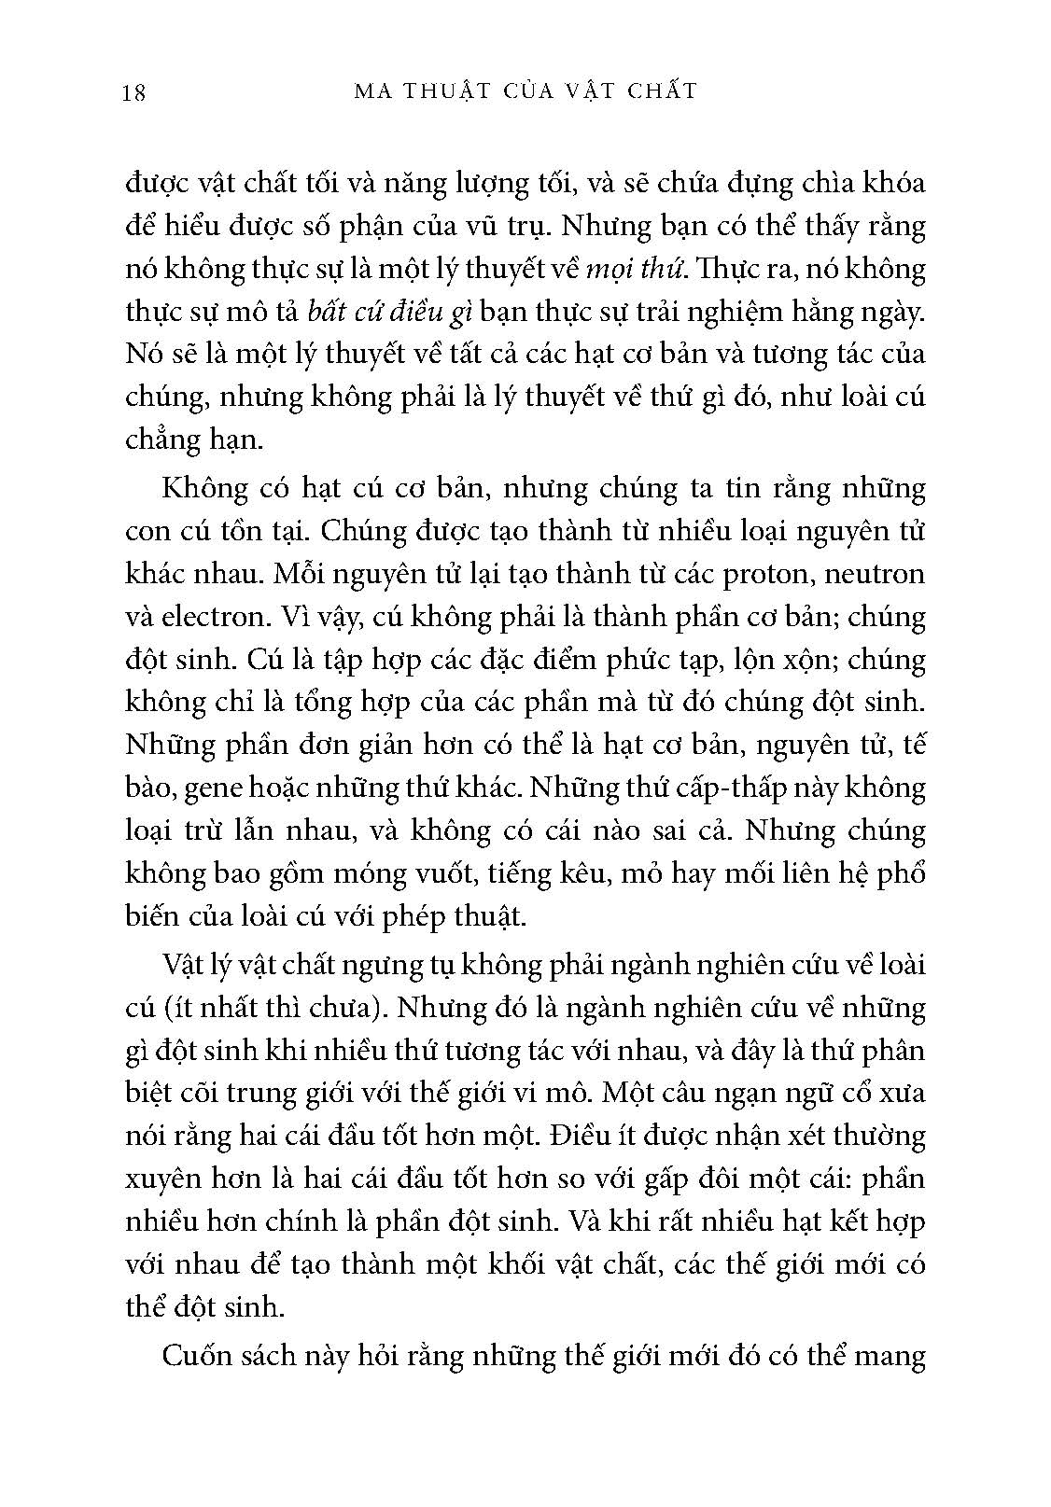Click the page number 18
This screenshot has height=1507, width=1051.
pyautogui.click(x=133, y=92)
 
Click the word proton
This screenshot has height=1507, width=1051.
pyautogui.click(x=769, y=574)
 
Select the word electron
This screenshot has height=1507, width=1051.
pyautogui.click(x=198, y=617)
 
